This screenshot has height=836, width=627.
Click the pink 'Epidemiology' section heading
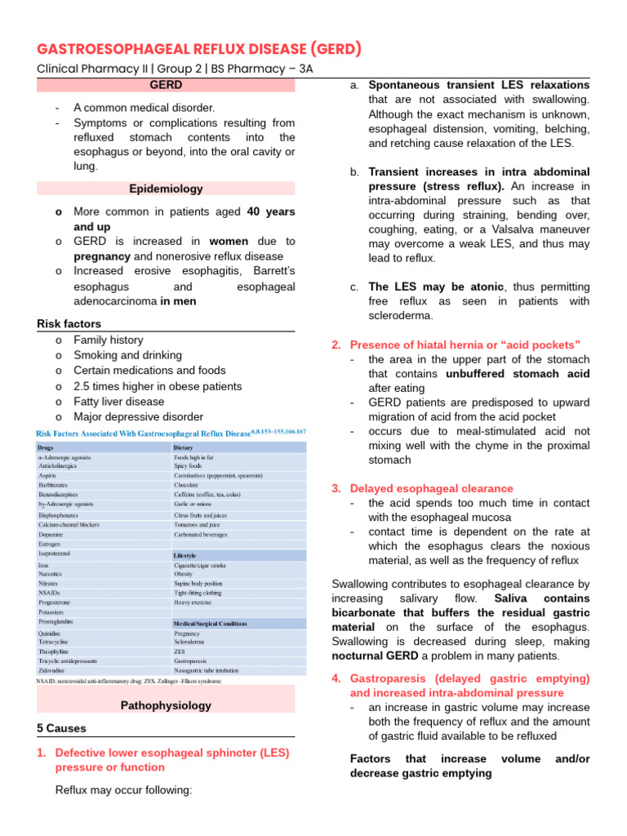click(166, 189)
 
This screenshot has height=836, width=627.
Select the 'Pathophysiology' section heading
click(166, 705)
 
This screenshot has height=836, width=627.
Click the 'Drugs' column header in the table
click(47, 447)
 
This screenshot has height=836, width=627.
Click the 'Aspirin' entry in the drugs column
click(48, 475)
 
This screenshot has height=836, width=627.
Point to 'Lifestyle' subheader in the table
click(189, 555)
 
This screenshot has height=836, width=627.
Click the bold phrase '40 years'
click(271, 211)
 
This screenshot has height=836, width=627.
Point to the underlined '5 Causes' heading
click(62, 727)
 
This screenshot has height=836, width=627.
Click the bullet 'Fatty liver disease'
click(118, 401)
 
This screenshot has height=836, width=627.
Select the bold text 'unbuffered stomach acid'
click(518, 374)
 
